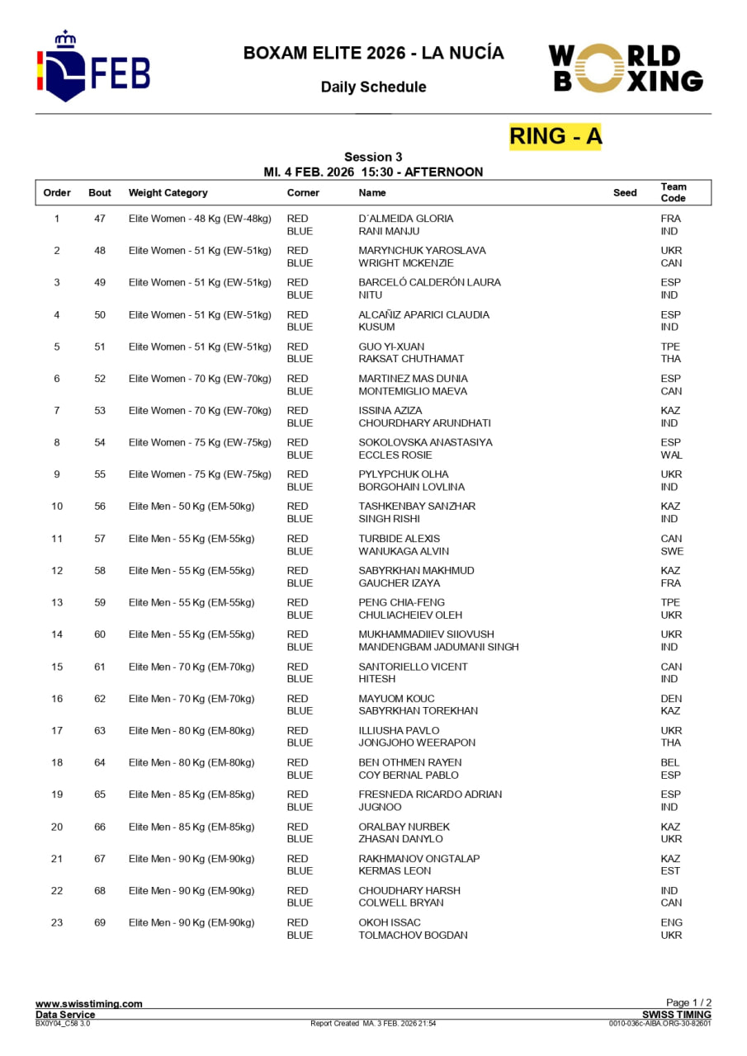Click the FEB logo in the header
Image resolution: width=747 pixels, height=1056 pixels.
coord(92,67)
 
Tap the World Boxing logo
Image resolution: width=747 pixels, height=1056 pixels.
coord(626,68)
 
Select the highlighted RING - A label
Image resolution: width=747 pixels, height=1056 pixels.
coord(556,136)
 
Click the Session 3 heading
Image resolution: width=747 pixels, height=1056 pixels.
coord(373,157)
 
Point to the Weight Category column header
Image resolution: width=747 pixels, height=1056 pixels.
coord(168,193)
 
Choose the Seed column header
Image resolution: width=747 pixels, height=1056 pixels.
coord(625,193)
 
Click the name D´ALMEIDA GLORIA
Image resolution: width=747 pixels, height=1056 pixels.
coord(405,219)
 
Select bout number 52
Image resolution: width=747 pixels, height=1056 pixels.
coord(100,379)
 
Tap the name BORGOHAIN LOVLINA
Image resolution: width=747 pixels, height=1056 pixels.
coord(411,487)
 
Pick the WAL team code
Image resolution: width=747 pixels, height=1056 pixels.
coord(671,455)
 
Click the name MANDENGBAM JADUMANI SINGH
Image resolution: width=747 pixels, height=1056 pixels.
coord(438,647)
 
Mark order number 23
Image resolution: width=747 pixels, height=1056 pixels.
coord(57,922)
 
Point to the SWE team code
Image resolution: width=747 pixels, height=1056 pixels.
coord(672,551)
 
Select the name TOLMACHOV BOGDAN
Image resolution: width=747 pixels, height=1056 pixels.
coord(413,936)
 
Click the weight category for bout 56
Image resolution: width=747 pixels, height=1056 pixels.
coord(191,507)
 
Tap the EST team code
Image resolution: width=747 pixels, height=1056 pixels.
coord(670,871)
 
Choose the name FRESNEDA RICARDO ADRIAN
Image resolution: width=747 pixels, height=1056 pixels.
coord(430,794)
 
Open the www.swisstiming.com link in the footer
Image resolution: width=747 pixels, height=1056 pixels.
coord(88,1004)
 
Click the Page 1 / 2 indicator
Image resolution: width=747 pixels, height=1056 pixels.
coord(688,1003)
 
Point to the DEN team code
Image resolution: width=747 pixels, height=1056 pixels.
coord(671,699)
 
